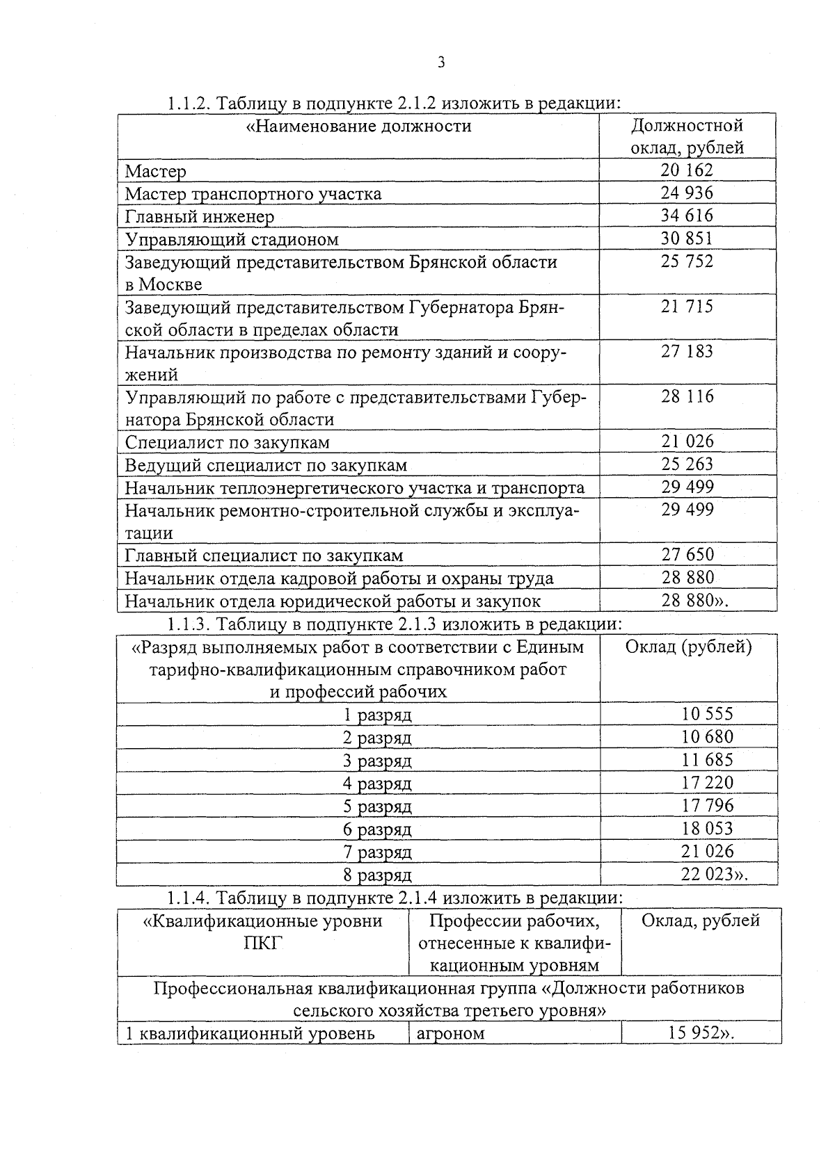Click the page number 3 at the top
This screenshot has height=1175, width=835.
point(440,63)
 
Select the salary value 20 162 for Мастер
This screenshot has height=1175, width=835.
point(687,170)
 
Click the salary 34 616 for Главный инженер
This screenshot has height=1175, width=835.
point(687,215)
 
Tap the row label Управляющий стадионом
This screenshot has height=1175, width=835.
point(232,239)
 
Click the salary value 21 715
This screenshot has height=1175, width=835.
point(687,306)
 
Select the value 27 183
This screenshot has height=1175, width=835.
point(687,351)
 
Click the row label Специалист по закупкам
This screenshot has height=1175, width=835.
point(227,442)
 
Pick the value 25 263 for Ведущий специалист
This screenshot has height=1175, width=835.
point(687,464)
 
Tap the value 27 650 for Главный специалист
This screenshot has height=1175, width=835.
point(687,554)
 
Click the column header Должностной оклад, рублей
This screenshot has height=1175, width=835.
point(687,136)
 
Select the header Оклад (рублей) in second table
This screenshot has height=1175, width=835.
point(688,647)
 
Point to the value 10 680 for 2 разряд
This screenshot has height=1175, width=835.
point(707,736)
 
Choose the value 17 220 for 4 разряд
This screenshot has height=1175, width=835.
point(707,782)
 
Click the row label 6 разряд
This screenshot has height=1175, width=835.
point(377,829)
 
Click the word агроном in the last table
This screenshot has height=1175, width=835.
point(450,1033)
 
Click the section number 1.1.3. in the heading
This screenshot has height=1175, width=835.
point(189,623)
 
